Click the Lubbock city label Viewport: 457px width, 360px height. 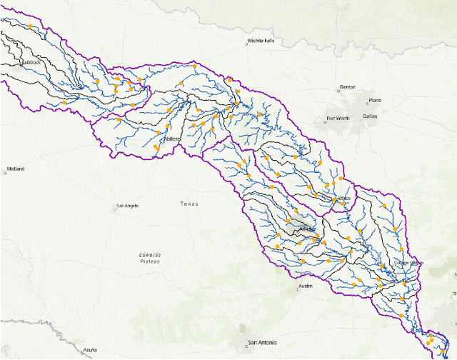pos(33,63)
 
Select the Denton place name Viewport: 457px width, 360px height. pos(348,87)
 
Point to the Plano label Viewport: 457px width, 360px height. pos(375,101)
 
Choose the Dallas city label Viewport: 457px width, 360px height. pos(370,116)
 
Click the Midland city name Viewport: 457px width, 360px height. pos(15,169)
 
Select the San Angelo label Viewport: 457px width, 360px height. pos(128,206)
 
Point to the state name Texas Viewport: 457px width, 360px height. pos(189,204)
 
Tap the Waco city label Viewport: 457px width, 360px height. pos(343,199)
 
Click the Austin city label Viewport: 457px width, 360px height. pos(305,286)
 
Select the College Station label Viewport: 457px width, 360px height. pos(408,263)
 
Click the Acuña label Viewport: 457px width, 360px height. pos(90,349)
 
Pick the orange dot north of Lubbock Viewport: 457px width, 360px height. pos(31,26)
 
